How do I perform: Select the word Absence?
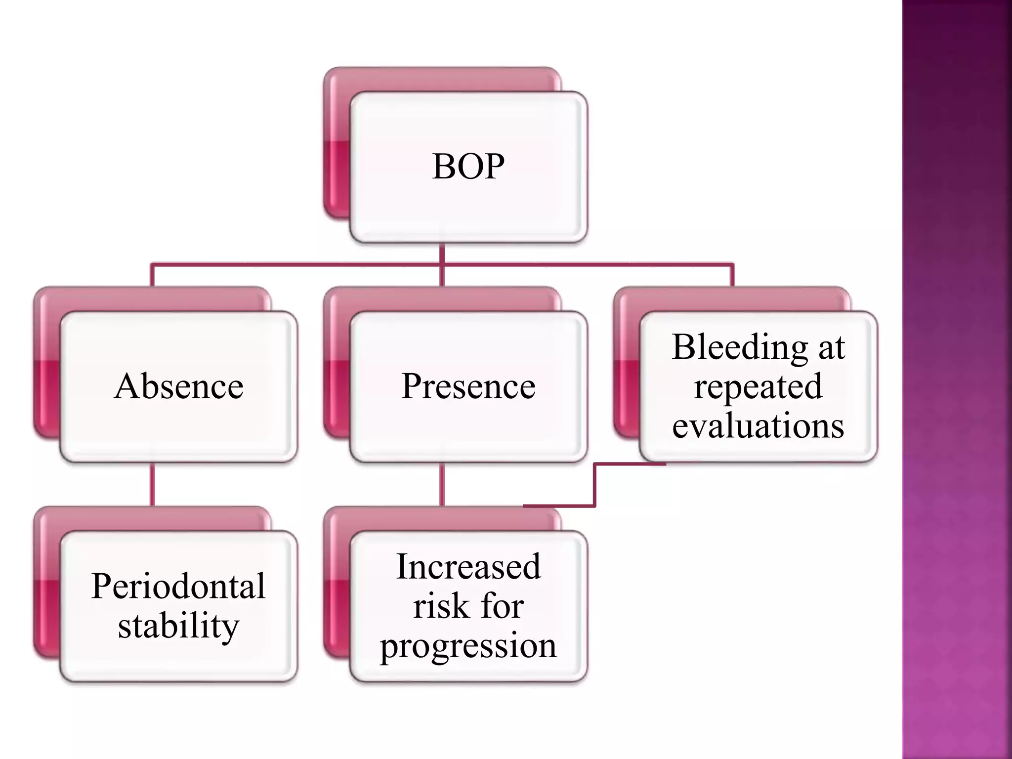(x=178, y=386)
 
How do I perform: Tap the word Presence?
(x=468, y=386)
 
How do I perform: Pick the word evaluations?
(x=758, y=425)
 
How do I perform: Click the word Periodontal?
(x=178, y=586)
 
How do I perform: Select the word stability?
(x=178, y=626)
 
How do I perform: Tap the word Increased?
(x=468, y=566)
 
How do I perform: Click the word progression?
(x=468, y=645)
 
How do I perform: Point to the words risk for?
(x=468, y=606)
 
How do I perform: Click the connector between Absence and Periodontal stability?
(x=152, y=484)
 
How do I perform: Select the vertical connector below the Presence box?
(x=442, y=484)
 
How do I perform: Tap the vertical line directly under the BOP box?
(x=442, y=253)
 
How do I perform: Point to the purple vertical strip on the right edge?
(x=957, y=379)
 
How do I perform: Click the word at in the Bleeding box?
(x=831, y=347)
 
